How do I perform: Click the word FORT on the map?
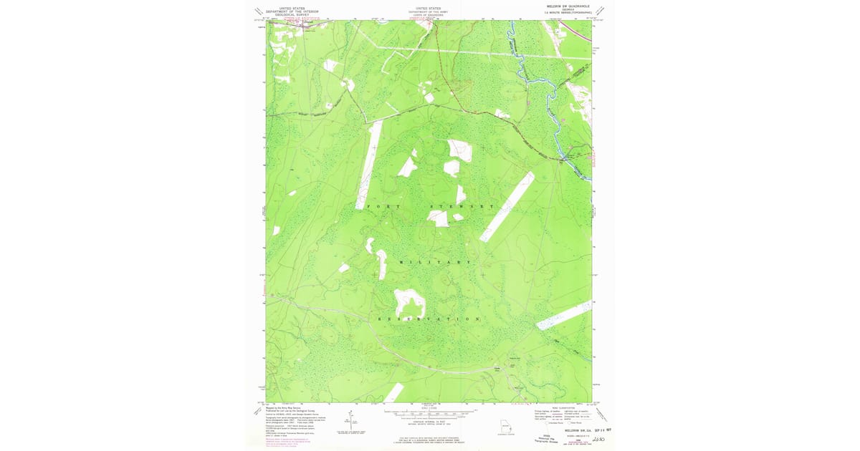point(379,205)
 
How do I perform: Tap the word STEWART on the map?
point(462,206)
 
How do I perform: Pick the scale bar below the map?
point(429,414)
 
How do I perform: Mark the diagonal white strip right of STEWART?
point(507,206)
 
